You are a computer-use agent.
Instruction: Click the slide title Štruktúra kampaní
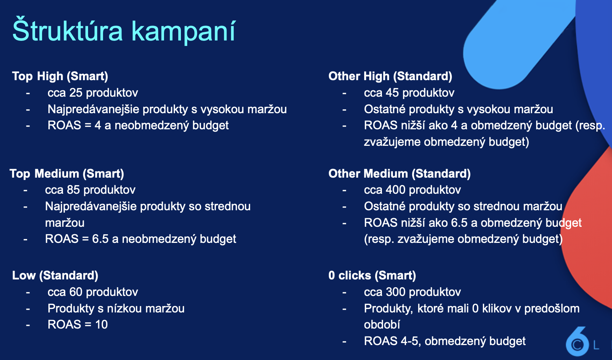[124, 31]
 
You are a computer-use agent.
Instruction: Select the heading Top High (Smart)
[60, 76]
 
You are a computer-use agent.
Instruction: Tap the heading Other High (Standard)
[390, 76]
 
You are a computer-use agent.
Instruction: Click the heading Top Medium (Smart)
[66, 174]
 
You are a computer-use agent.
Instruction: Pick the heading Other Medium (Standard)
[400, 174]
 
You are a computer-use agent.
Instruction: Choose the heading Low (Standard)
[55, 276]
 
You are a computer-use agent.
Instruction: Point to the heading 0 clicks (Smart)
[372, 276]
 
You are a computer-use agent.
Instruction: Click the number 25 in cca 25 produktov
[76, 93]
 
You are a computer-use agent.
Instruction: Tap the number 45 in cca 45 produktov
[393, 93]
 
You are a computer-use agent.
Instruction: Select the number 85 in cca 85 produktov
[73, 190]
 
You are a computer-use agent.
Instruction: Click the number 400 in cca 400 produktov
[396, 190]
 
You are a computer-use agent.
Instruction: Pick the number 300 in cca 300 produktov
[396, 292]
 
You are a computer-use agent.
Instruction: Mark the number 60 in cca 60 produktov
[76, 292]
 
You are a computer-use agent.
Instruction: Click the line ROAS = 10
[77, 325]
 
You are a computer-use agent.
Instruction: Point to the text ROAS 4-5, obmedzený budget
[445, 341]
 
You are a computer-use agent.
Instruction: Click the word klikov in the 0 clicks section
[497, 309]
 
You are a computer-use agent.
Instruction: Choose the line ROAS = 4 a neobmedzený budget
[138, 125]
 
